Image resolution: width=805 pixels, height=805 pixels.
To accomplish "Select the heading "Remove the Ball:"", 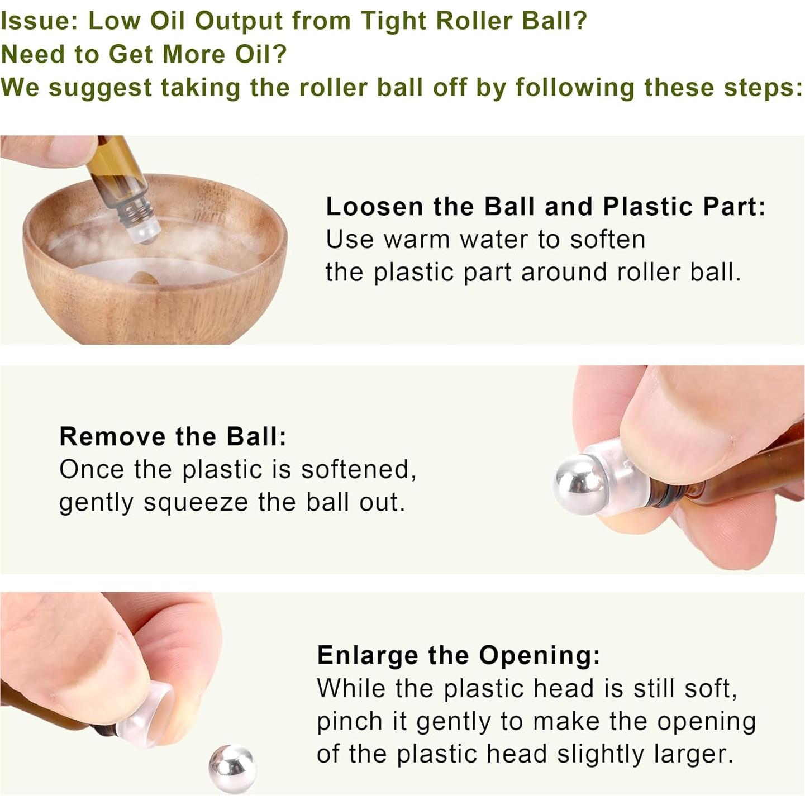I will coord(173,436).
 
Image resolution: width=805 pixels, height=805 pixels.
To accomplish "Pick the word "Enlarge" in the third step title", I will coord(367,655).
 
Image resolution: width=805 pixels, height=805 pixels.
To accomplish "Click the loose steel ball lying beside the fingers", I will coord(232,769).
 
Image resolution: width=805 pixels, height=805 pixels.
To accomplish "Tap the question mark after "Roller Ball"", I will coord(579,21).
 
